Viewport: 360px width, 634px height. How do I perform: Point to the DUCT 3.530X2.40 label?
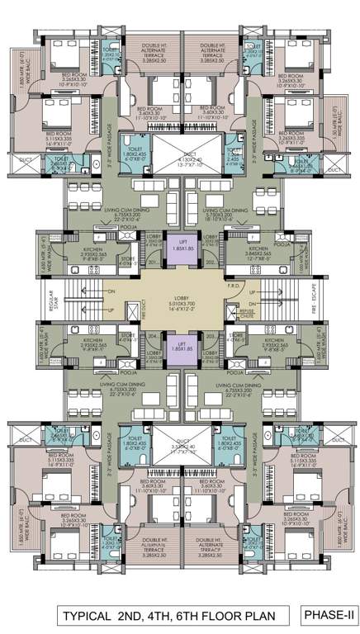[x=179, y=449]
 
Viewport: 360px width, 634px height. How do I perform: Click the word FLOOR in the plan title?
[x=220, y=614]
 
